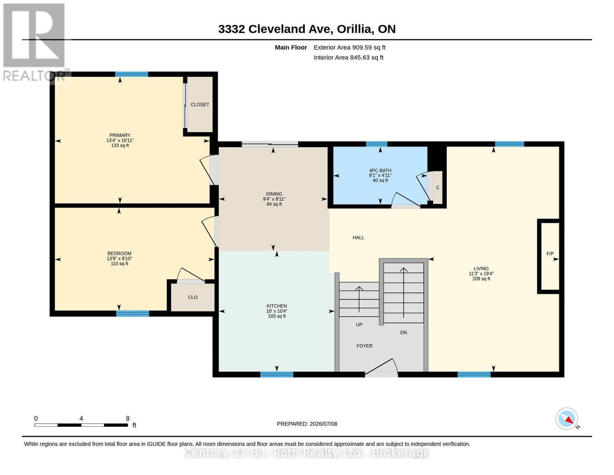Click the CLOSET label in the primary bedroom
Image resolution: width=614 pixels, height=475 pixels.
(200, 104)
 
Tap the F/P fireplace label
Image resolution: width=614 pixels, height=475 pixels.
(550, 254)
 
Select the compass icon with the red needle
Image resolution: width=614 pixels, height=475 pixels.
(567, 419)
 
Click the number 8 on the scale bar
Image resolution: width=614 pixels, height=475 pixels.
(128, 418)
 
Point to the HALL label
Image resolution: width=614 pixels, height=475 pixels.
(358, 237)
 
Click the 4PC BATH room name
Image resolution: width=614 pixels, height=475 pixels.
(380, 171)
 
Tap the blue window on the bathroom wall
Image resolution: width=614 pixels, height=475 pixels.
(377, 144)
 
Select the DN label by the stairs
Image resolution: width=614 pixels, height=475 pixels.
(404, 333)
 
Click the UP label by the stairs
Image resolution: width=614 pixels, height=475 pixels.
(359, 325)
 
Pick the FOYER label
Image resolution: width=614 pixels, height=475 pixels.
(365, 346)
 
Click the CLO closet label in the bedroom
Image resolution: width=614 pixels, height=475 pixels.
(193, 297)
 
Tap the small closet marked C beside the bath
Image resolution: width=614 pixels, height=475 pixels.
(438, 188)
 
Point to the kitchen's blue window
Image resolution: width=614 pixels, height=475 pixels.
(277, 374)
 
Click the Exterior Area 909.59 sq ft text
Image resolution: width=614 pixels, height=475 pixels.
(350, 47)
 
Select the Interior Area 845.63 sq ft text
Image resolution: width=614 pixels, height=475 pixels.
(348, 57)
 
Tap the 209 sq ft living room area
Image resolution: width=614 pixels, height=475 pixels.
(481, 279)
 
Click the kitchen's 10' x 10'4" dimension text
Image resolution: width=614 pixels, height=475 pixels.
(277, 311)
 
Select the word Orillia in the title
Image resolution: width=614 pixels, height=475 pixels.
(355, 29)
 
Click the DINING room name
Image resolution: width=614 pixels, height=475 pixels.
(274, 194)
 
